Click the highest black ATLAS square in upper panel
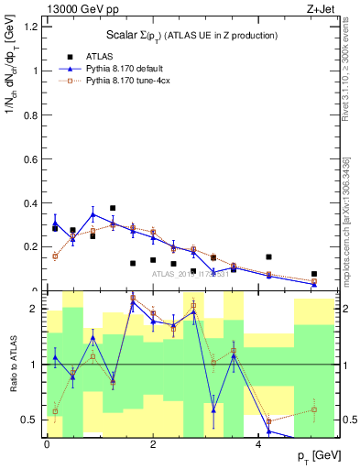[x=113, y=208]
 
